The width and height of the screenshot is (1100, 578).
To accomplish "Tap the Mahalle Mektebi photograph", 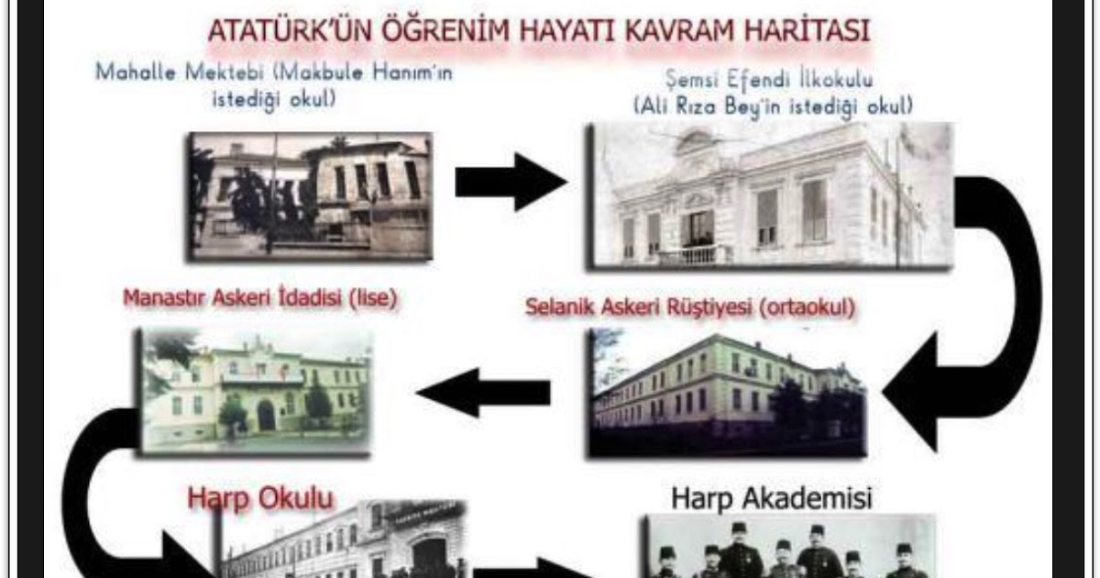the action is point(311,196).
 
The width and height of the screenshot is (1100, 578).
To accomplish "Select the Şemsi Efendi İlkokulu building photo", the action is point(770,195).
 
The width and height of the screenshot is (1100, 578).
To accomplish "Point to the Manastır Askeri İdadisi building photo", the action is point(255,391).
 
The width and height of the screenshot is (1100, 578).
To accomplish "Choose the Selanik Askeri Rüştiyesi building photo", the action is point(728,394).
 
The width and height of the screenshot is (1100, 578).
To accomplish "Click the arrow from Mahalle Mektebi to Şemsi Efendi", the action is point(511,182).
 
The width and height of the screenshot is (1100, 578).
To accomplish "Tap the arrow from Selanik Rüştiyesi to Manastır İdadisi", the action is point(483,393).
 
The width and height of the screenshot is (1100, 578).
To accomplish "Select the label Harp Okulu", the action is point(260,499).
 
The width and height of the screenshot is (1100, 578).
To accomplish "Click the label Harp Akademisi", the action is point(772,498).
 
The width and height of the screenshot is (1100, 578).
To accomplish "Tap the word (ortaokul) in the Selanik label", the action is point(807,307).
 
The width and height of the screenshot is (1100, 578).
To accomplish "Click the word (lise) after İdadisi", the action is point(373,298).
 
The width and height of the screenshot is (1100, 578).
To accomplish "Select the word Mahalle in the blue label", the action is point(136,72).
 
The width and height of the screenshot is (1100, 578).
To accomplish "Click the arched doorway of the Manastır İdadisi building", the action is point(266,416).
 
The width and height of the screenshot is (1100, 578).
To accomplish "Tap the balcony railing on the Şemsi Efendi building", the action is point(693,255).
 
